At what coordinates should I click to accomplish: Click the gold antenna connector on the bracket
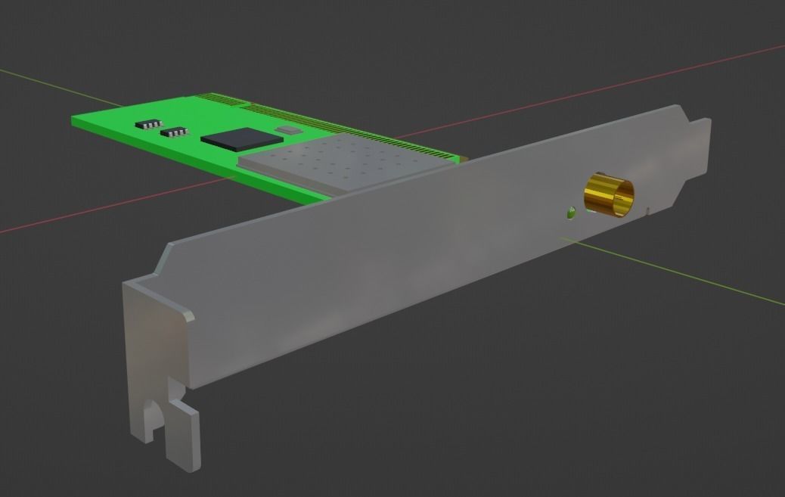click(609, 194)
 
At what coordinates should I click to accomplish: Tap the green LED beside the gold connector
click(569, 213)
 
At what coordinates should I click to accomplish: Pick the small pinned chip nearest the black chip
click(175, 132)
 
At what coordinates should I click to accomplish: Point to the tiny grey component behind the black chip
click(288, 131)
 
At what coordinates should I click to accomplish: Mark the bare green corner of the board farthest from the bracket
click(83, 120)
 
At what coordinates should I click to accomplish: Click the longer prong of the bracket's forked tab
click(186, 439)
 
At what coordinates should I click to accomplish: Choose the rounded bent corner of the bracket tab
click(185, 315)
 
